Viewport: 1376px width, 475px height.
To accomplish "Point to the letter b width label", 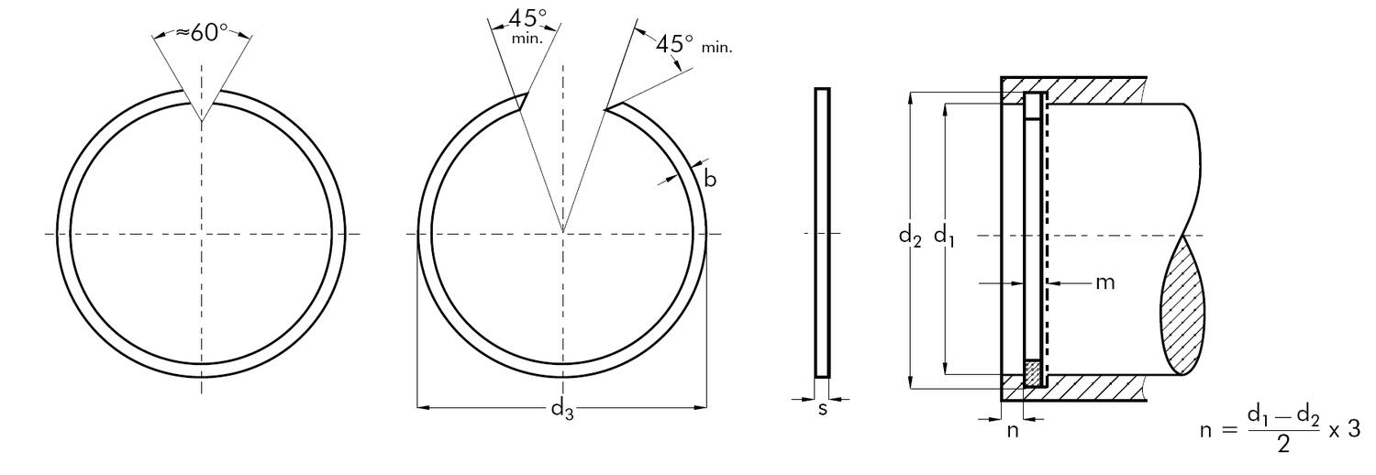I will click(709, 179).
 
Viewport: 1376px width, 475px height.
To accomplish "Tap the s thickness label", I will click(822, 409).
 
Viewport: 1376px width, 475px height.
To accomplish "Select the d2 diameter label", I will click(911, 237).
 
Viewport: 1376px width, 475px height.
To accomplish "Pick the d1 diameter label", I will click(944, 237).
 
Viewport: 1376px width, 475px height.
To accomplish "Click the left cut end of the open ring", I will click(521, 100).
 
